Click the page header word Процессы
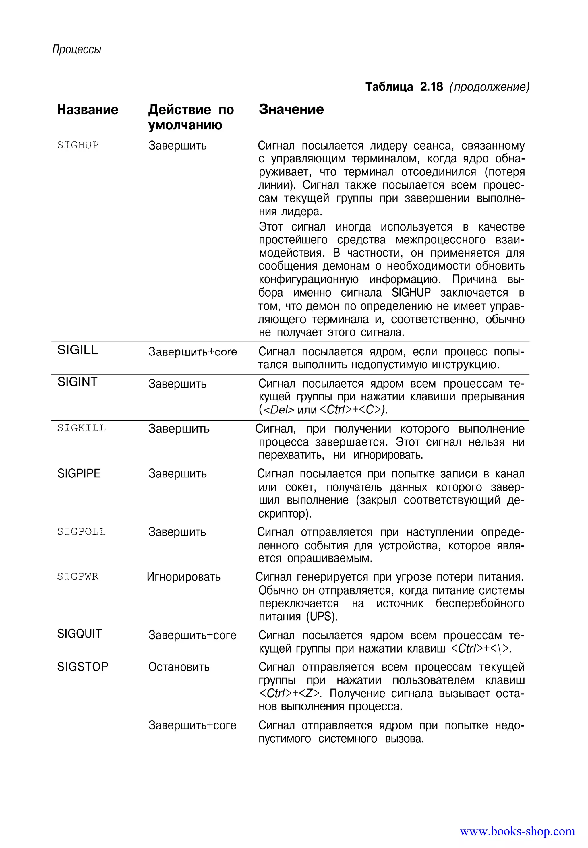tap(77, 49)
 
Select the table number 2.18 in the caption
tap(431, 87)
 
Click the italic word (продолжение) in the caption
tap(489, 87)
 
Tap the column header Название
tap(88, 110)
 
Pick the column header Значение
tap(291, 109)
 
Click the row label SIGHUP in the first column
tap(78, 145)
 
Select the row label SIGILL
tap(77, 350)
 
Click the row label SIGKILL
tap(82, 428)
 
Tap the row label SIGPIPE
tap(79, 473)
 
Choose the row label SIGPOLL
tap(82, 532)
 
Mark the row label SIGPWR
tap(78, 576)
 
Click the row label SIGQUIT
tap(79, 634)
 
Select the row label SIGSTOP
tap(82, 667)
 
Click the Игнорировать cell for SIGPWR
tap(183, 577)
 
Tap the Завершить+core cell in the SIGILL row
tap(192, 352)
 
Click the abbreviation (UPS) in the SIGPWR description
tap(322, 616)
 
